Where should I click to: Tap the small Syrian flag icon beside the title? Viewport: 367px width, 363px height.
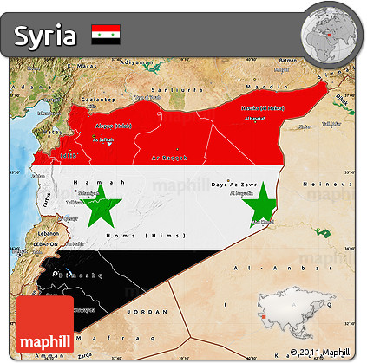point(106,35)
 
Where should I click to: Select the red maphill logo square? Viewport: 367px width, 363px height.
point(43,327)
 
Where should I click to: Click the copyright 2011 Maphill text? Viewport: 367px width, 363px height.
point(321,353)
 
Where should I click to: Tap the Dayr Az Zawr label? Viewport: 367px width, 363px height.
point(239,184)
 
